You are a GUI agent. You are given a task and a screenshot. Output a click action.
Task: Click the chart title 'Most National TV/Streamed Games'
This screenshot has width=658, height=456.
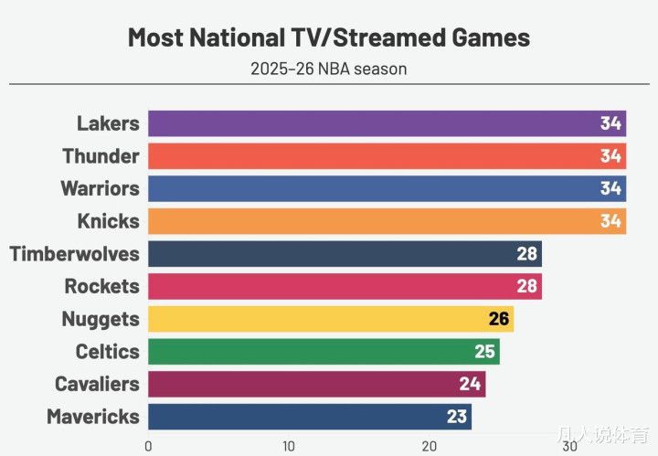point(328,37)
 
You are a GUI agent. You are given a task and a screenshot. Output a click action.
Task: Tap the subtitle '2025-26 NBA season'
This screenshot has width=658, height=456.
point(328,69)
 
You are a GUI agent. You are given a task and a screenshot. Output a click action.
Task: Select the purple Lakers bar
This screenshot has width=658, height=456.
point(366,123)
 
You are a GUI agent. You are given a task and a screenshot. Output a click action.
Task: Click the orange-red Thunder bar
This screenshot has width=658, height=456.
point(366,156)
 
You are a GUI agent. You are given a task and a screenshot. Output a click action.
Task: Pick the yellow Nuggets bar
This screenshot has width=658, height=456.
point(320,319)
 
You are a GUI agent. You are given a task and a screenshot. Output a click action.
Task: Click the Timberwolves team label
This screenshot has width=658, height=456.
point(75,254)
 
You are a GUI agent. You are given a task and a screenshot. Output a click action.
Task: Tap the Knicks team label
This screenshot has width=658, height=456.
point(109,221)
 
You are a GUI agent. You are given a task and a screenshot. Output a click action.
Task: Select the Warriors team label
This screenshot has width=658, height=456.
point(101,188)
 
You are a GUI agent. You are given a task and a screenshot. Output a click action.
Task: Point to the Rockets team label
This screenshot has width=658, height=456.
point(102,286)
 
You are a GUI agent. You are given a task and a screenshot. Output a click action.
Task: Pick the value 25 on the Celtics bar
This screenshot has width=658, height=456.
point(485,352)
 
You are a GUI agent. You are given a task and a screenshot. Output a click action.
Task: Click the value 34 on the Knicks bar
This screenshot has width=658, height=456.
point(610,221)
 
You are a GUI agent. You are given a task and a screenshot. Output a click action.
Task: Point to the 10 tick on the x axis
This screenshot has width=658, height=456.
point(289,447)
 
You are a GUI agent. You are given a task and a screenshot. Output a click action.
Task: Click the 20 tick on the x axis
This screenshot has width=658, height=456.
point(429,447)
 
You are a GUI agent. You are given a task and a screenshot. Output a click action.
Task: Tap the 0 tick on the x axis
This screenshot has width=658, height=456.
point(148,447)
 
